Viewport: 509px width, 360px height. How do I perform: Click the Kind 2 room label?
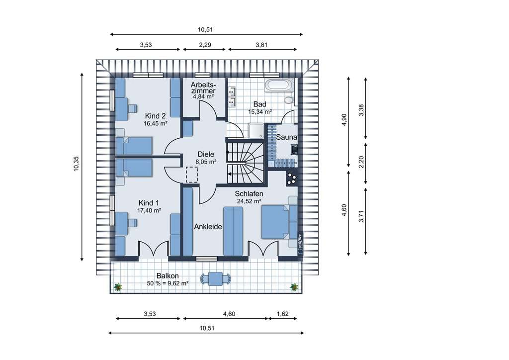click(156, 116)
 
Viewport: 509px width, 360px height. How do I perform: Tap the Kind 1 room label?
click(149, 203)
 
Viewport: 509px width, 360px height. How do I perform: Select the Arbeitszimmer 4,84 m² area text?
click(203, 96)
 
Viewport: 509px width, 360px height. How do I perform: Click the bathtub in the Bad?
click(278, 85)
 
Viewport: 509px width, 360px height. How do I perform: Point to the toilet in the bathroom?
click(289, 99)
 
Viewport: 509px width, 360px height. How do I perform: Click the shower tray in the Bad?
click(256, 130)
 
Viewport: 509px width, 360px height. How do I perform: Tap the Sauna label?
click(287, 137)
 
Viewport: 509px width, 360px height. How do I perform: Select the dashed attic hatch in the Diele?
click(192, 175)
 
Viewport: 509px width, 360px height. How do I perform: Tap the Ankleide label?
click(208, 227)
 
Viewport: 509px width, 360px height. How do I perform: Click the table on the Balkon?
click(216, 279)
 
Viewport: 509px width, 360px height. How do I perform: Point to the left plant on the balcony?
click(118, 287)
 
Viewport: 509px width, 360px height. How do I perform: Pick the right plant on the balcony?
click(294, 287)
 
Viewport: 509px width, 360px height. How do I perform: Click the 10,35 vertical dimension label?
click(76, 164)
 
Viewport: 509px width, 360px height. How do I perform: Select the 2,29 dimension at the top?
click(205, 45)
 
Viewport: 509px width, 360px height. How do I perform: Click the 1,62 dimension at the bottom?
click(283, 314)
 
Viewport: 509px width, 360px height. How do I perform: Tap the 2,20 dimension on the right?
click(361, 162)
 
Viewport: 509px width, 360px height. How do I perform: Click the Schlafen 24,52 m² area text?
click(249, 201)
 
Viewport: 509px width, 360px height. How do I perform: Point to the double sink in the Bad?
click(232, 96)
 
